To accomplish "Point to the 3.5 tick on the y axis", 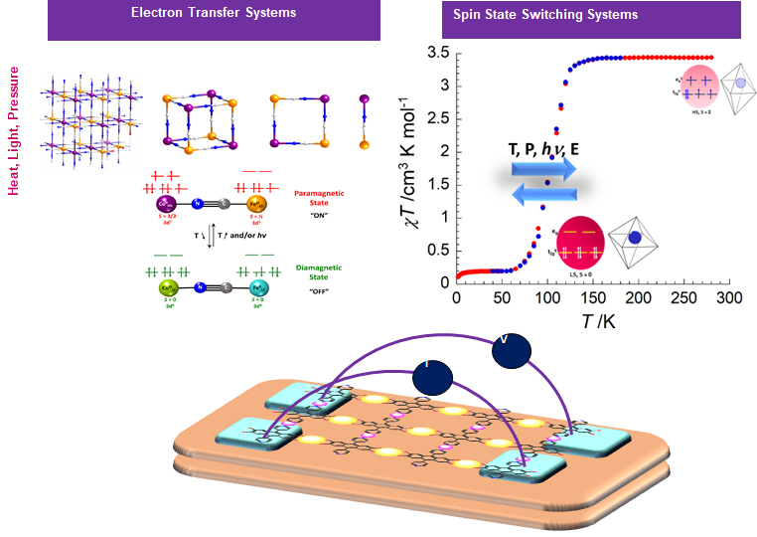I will [x=436, y=52].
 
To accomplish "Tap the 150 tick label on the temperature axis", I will [x=592, y=298].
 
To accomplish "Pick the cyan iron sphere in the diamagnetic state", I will [x=254, y=288].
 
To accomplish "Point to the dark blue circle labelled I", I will [x=433, y=377].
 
